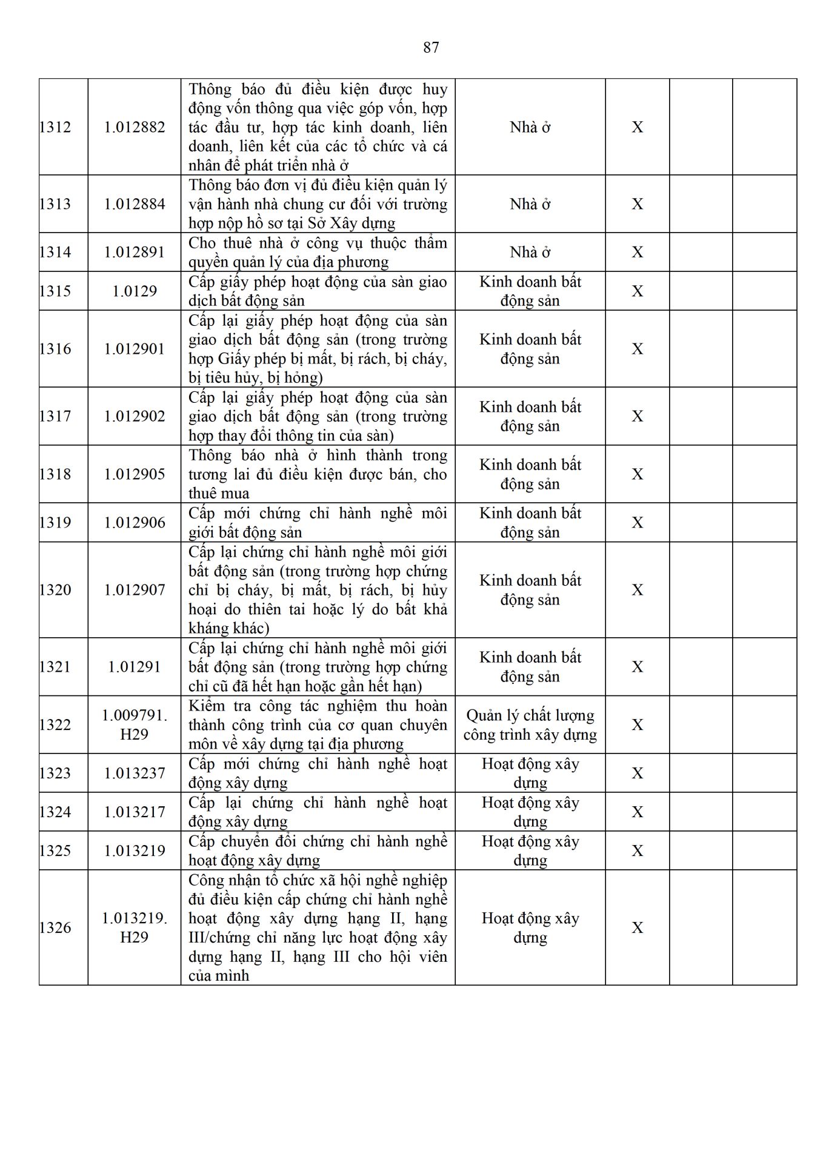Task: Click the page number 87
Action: [431, 47]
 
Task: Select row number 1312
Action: [55, 127]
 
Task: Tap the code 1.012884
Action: [135, 204]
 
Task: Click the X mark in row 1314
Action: [638, 252]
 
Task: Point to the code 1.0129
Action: [135, 291]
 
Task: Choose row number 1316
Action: [55, 349]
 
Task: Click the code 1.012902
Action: [135, 416]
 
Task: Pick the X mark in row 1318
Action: [638, 474]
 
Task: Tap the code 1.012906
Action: [135, 523]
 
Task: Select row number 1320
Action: [55, 590]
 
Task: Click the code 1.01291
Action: [135, 667]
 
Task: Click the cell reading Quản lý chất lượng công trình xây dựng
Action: [530, 725]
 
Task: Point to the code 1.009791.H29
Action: [135, 725]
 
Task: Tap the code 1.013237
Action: [135, 774]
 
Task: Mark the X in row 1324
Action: [638, 812]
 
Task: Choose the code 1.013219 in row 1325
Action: [135, 851]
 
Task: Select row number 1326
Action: [55, 928]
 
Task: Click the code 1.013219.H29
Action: [135, 928]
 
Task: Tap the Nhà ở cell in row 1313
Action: [530, 204]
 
